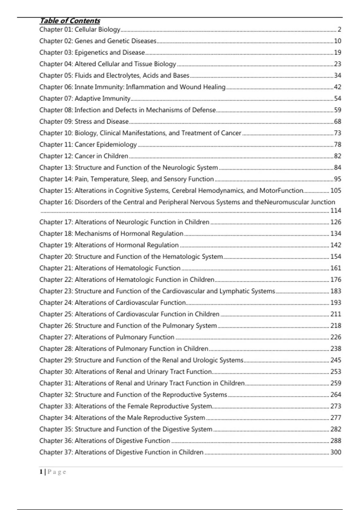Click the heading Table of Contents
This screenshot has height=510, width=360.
[70, 21]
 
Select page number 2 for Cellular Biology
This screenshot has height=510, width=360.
[339, 29]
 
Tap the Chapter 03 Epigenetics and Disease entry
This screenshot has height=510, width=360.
[92, 52]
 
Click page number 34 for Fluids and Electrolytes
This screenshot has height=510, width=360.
[337, 75]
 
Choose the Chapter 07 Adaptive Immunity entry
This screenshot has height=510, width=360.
[85, 98]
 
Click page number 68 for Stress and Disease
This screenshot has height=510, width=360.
[337, 121]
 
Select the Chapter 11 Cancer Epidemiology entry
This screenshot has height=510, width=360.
[88, 145]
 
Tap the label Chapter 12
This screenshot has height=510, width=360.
[56, 156]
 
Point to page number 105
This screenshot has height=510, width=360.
[335, 190]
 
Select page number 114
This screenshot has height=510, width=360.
[335, 211]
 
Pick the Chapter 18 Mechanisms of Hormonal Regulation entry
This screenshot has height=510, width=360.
[111, 234]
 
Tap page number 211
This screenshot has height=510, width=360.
[335, 314]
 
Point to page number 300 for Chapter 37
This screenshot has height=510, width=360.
[335, 452]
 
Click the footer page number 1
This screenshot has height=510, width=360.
[41, 472]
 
